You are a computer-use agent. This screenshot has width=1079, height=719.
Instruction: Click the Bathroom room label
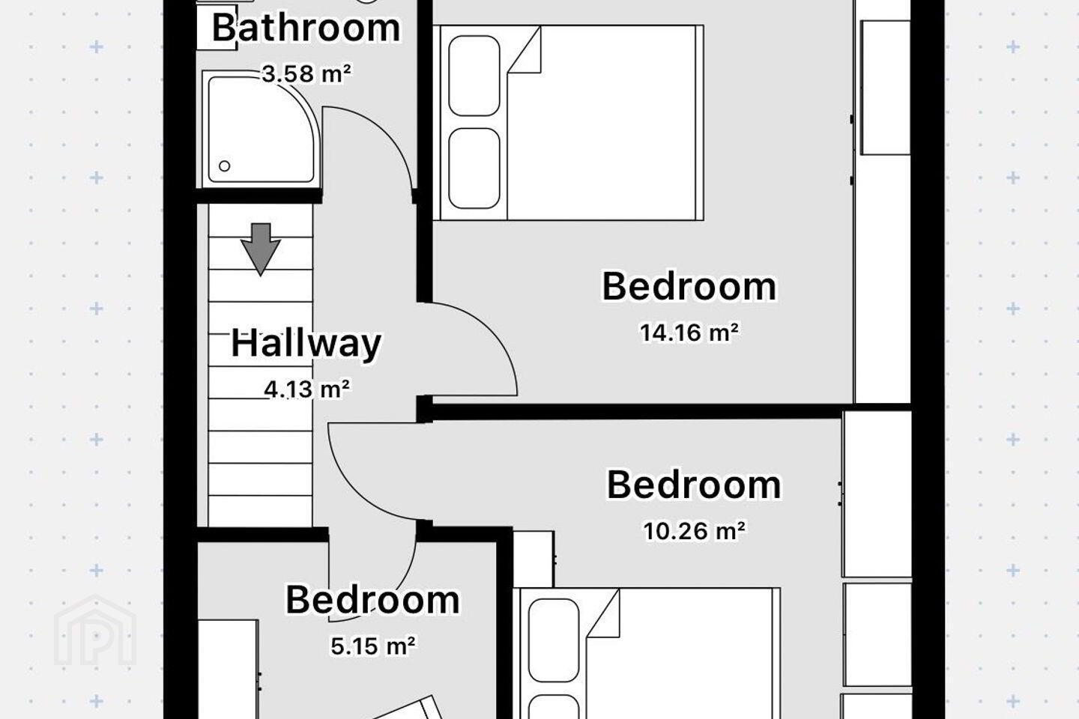[x=306, y=29]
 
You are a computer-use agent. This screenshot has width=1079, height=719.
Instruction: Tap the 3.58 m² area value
[x=307, y=73]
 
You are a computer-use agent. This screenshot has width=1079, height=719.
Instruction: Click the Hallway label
[x=306, y=344]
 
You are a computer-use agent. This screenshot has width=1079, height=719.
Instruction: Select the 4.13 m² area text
[x=307, y=389]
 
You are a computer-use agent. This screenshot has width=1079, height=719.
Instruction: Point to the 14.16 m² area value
[x=689, y=333]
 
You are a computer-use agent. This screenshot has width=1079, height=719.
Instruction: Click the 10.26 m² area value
[x=695, y=531]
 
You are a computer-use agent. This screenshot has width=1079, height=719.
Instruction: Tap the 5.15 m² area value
[x=373, y=646]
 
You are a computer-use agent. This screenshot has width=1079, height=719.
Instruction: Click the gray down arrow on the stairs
[x=261, y=249]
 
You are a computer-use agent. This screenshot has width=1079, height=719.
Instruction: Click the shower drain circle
[x=225, y=166]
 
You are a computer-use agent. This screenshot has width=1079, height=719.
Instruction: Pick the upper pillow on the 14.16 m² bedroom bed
[x=474, y=76]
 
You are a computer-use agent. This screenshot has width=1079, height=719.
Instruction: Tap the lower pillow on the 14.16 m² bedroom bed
[x=474, y=168]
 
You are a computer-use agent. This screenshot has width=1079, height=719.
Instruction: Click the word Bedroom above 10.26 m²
[x=694, y=485]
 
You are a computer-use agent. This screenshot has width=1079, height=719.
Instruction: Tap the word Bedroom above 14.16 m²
[x=689, y=287]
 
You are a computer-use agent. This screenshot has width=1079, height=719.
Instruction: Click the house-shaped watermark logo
[x=95, y=630]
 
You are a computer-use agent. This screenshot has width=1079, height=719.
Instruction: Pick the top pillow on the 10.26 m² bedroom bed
[x=554, y=640]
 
